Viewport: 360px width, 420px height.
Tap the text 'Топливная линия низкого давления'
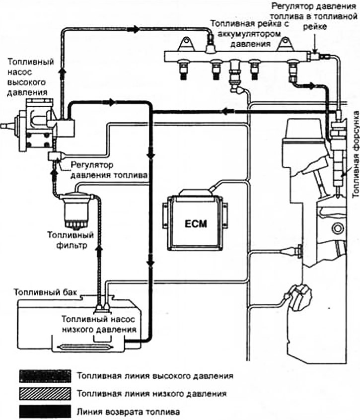pos(152,393)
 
